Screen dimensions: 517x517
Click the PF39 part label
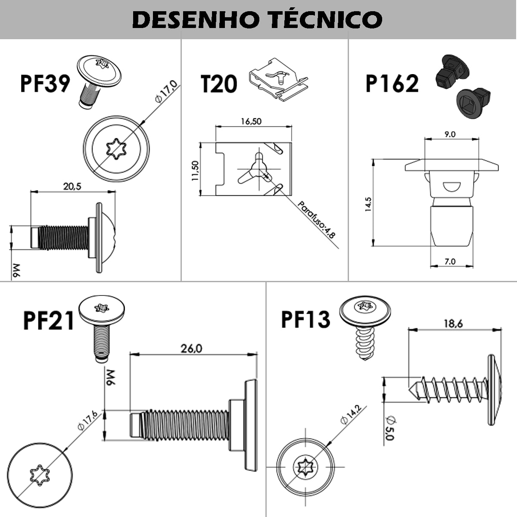pyautogui.click(x=44, y=83)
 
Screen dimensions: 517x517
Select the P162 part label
pyautogui.click(x=392, y=84)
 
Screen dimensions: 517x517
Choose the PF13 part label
pyautogui.click(x=305, y=320)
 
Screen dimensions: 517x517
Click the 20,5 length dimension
pyautogui.click(x=72, y=186)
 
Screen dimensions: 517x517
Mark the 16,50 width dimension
pyautogui.click(x=251, y=121)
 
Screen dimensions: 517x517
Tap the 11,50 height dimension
pyautogui.click(x=195, y=171)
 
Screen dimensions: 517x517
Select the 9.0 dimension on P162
pyautogui.click(x=450, y=134)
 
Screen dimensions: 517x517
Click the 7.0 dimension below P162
pyautogui.click(x=450, y=261)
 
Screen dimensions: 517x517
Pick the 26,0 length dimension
pyautogui.click(x=191, y=348)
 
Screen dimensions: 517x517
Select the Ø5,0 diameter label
pyautogui.click(x=389, y=427)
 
